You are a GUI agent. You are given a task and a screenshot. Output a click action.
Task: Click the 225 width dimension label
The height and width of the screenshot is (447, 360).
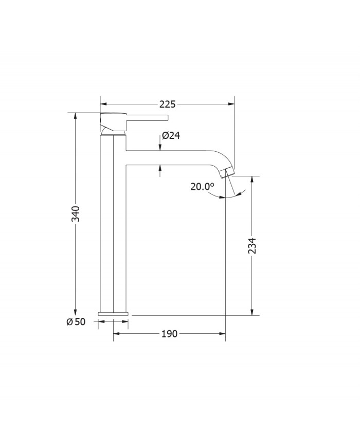tap(167, 104)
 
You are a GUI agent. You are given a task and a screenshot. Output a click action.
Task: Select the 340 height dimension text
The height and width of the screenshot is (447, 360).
tap(76, 214)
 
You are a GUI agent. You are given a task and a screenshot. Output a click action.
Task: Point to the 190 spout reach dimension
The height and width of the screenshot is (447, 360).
tap(169, 334)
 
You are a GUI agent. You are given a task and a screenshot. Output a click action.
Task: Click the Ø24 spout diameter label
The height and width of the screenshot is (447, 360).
tap(170, 136)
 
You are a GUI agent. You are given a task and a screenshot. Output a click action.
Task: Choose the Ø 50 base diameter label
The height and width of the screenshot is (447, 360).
tap(76, 321)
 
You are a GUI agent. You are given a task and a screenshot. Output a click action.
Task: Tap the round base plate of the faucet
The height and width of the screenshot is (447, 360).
tap(113, 313)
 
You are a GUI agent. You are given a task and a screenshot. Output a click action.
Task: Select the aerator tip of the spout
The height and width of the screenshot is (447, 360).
tap(227, 173)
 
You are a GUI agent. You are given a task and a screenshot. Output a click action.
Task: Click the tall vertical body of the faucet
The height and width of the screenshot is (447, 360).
tap(113, 221)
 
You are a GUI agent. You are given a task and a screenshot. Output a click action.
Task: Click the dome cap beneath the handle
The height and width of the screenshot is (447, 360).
tap(112, 132)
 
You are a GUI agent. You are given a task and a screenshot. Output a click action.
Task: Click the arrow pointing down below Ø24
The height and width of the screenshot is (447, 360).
tap(161, 147)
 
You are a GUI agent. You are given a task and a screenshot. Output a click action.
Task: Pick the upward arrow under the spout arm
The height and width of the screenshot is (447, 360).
tap(161, 168)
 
